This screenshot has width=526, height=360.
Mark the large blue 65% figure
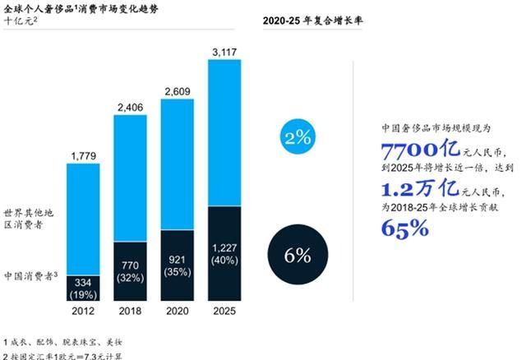point(405,228)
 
